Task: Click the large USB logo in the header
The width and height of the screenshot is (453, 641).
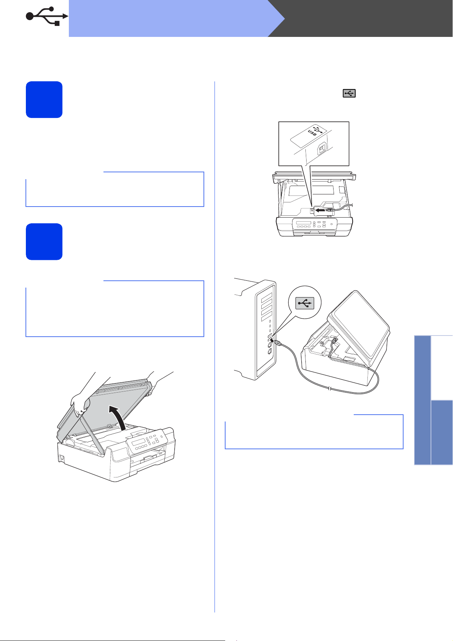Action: pyautogui.click(x=47, y=16)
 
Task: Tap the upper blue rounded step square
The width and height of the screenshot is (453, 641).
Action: pyautogui.click(x=44, y=100)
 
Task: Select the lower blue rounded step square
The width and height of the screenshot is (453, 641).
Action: pyautogui.click(x=44, y=242)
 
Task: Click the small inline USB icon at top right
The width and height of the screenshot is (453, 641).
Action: pyautogui.click(x=349, y=93)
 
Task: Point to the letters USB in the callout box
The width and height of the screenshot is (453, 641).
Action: pyautogui.click(x=312, y=132)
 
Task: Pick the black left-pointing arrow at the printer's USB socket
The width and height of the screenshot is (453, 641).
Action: pyautogui.click(x=320, y=210)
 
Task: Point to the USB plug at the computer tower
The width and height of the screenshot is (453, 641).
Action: pyautogui.click(x=277, y=342)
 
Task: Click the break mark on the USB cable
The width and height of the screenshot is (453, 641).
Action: pyautogui.click(x=330, y=388)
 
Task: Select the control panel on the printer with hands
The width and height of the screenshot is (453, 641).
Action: pyautogui.click(x=146, y=442)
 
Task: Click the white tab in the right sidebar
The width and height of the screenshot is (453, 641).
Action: pyautogui.click(x=442, y=368)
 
